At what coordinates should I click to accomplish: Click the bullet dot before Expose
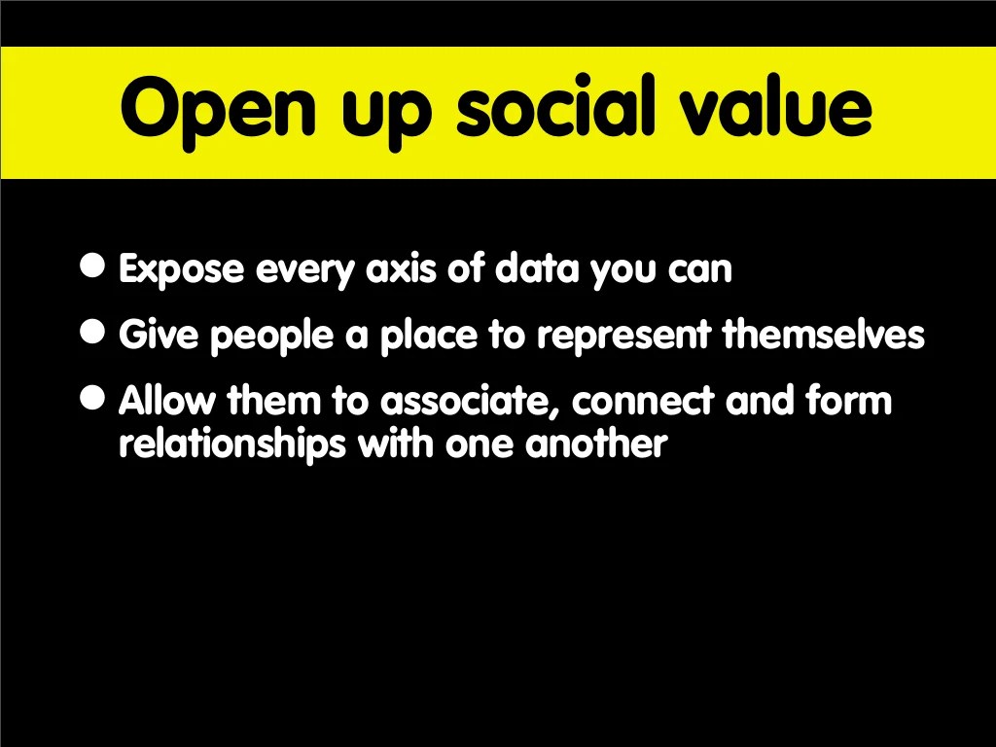point(92,265)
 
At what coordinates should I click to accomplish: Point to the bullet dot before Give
point(92,331)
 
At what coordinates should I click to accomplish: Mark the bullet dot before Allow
point(92,398)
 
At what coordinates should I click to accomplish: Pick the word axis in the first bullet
point(401,268)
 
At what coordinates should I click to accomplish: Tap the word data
point(537,267)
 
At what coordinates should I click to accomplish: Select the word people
point(272,336)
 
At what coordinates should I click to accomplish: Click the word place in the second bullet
point(429,336)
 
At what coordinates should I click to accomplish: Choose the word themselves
point(824,334)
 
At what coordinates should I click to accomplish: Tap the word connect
point(643,402)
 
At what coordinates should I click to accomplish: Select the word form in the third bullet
point(848,400)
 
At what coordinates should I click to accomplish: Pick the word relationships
point(232,444)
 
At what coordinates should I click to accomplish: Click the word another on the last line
point(596,443)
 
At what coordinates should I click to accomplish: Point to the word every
point(304,271)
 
